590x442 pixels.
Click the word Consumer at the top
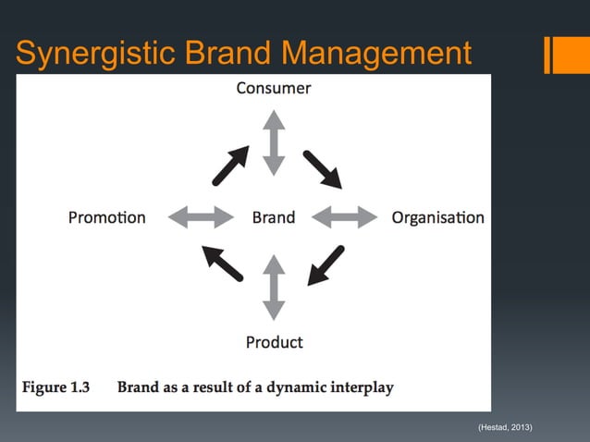[x=273, y=89]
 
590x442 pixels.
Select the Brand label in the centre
[x=274, y=218]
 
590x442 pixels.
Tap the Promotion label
[x=107, y=218]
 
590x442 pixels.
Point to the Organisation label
[x=437, y=218]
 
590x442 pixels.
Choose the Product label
[x=274, y=342]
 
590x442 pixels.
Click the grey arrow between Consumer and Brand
[x=274, y=142]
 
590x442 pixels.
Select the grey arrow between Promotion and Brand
[x=201, y=218]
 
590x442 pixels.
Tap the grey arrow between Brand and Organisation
[x=345, y=218]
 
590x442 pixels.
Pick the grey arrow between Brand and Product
[x=274, y=288]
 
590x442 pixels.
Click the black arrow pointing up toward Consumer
[x=230, y=165]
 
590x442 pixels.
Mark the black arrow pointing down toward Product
[x=326, y=264]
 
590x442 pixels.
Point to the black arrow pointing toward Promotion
[x=223, y=263]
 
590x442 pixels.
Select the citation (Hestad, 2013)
[x=505, y=426]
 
